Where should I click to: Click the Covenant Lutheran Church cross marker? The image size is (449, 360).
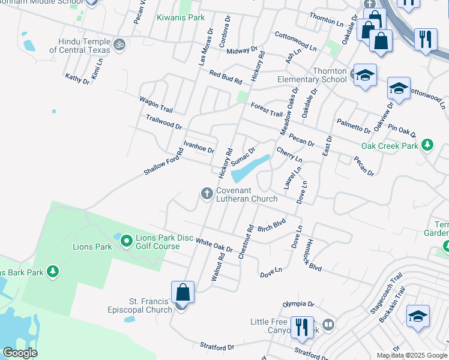pyautogui.click(x=206, y=193)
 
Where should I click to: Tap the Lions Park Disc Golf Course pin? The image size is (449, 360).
pyautogui.click(x=126, y=241)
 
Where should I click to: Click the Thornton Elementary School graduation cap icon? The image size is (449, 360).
pyautogui.click(x=364, y=76)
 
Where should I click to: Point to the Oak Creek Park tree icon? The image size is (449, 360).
pyautogui.click(x=427, y=145)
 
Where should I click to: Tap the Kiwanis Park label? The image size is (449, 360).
pyautogui.click(x=181, y=17)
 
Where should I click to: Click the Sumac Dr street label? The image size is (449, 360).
pyautogui.click(x=243, y=155)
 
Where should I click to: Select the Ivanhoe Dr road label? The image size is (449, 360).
pyautogui.click(x=199, y=147)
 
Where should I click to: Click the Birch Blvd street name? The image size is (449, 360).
pyautogui.click(x=271, y=226)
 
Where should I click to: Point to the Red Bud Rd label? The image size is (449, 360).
pyautogui.click(x=225, y=77)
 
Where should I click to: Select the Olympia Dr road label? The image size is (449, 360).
pyautogui.click(x=298, y=304)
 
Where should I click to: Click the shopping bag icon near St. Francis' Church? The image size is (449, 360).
pyautogui.click(x=183, y=293)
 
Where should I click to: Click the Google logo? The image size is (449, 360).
pyautogui.click(x=20, y=353)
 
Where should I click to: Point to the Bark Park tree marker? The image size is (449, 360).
pyautogui.click(x=53, y=272)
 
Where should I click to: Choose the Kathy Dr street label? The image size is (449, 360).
pyautogui.click(x=77, y=79)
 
